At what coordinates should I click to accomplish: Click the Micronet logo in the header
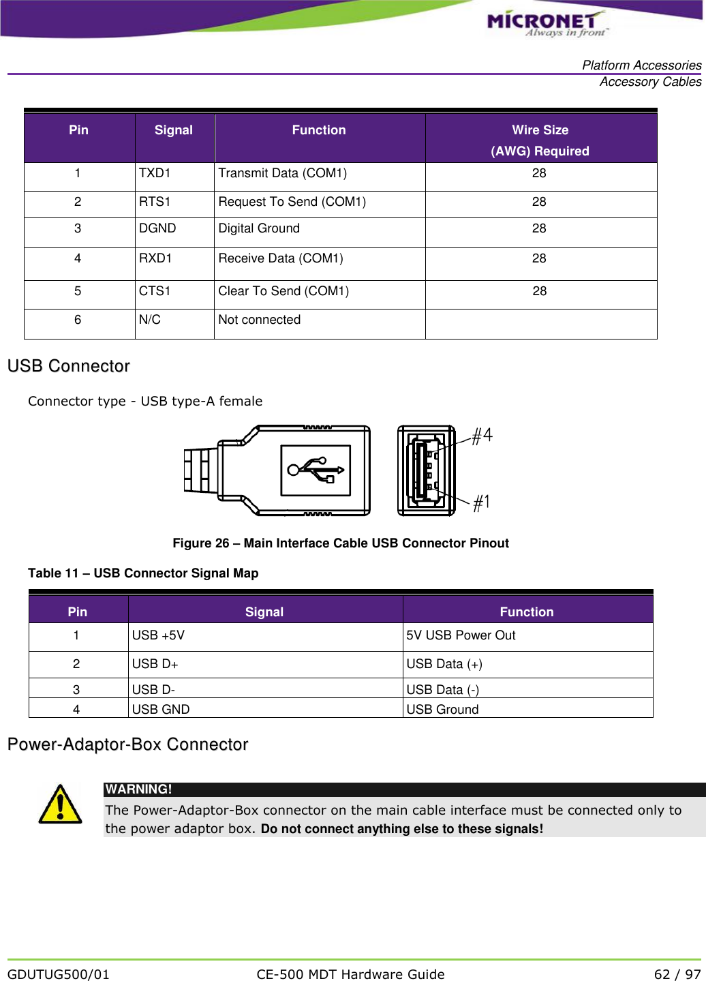click(546, 24)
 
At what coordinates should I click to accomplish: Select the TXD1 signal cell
click(155, 173)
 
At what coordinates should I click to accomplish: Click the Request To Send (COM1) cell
click(292, 202)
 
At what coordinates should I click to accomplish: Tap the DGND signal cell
click(157, 228)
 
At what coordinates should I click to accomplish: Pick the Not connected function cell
click(259, 320)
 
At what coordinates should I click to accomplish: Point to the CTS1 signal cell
click(155, 291)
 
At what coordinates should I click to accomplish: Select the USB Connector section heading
click(69, 366)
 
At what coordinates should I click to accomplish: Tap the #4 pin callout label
click(482, 436)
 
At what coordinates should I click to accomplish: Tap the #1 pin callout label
click(482, 503)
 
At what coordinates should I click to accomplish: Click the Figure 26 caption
click(340, 543)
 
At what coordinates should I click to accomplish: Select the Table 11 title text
click(143, 573)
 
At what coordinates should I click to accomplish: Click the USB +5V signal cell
click(158, 635)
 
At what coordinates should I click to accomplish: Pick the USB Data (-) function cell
click(442, 689)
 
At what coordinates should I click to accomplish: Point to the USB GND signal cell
click(161, 709)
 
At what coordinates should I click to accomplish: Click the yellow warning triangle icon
click(60, 805)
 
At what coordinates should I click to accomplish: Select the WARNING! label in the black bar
click(138, 789)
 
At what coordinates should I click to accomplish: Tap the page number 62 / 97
click(677, 974)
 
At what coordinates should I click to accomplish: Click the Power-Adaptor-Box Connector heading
click(128, 744)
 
